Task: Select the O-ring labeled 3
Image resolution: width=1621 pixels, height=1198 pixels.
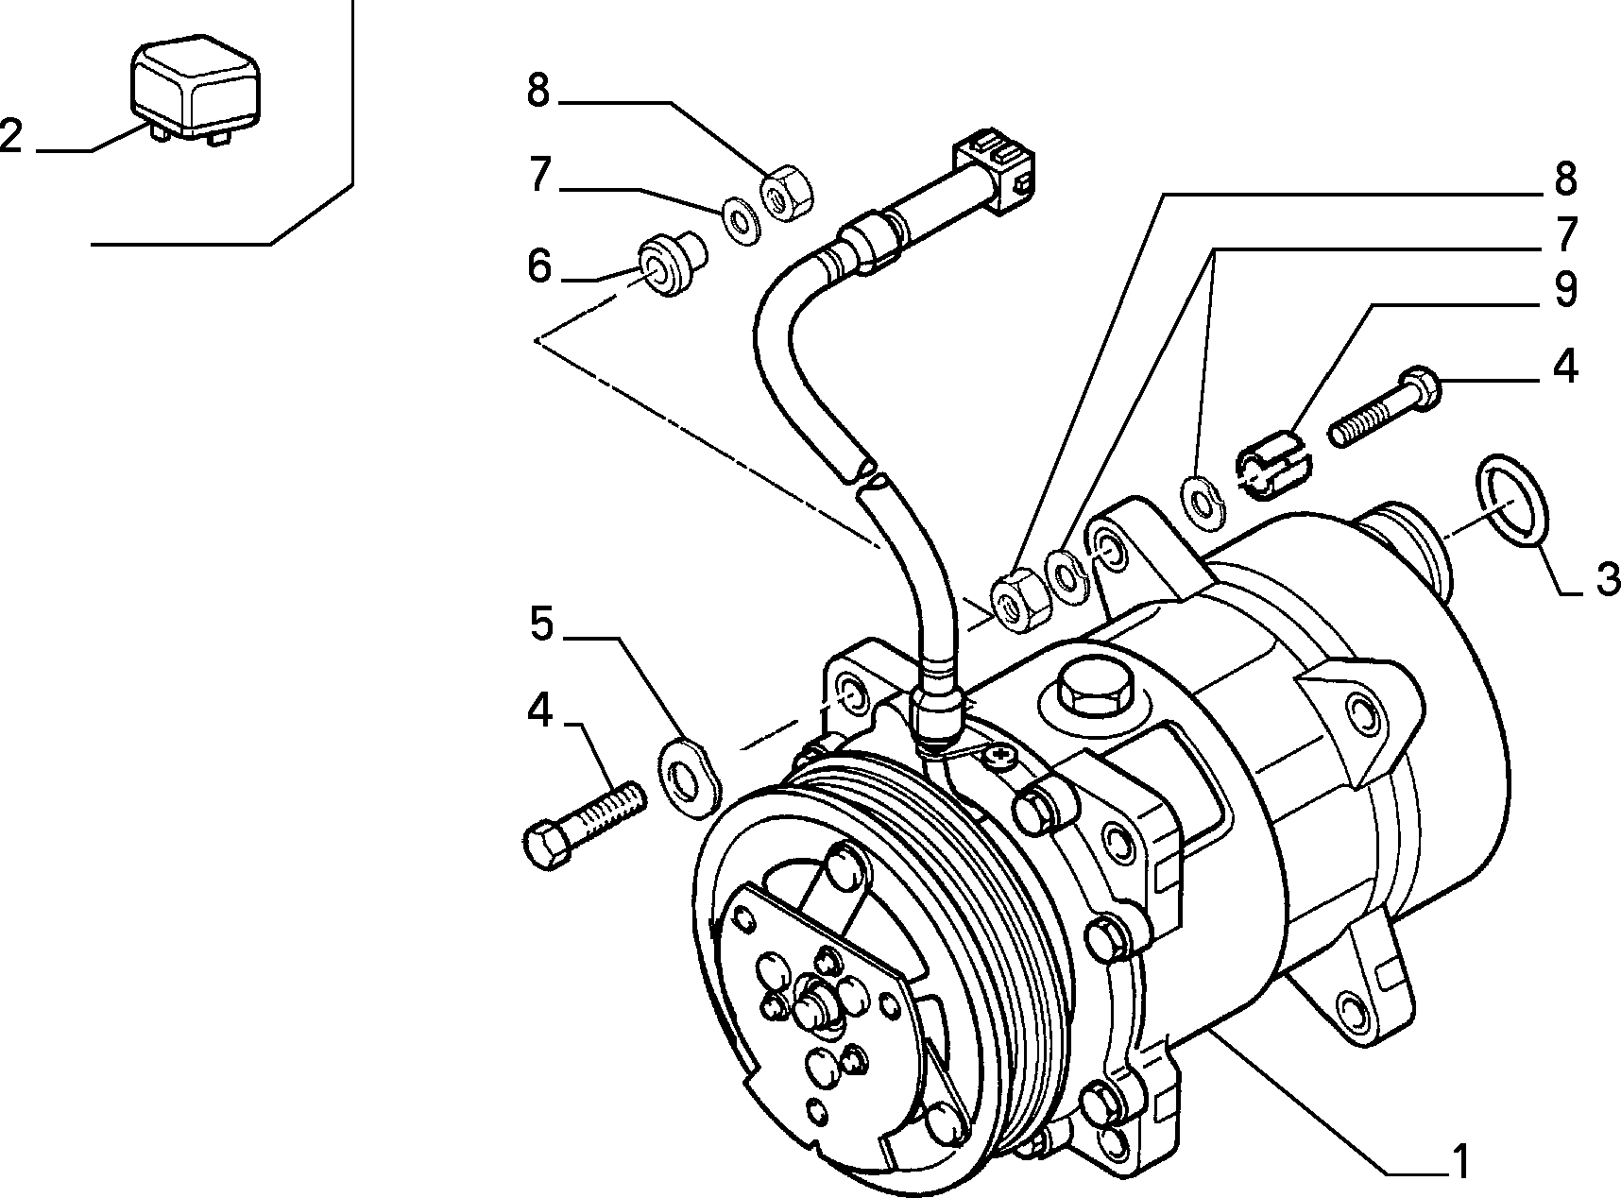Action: tap(1509, 501)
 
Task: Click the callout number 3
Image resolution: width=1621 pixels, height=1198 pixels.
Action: tap(1606, 578)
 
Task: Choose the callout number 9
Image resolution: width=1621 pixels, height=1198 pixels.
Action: tap(1565, 289)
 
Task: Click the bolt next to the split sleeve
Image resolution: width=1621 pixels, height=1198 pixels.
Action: tap(1385, 408)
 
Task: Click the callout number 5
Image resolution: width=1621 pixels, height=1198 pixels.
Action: tap(540, 624)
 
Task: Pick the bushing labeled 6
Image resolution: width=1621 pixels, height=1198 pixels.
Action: tap(674, 266)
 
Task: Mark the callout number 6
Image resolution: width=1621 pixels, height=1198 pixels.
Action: tap(539, 265)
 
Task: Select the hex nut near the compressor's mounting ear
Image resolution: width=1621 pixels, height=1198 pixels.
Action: tap(1019, 599)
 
